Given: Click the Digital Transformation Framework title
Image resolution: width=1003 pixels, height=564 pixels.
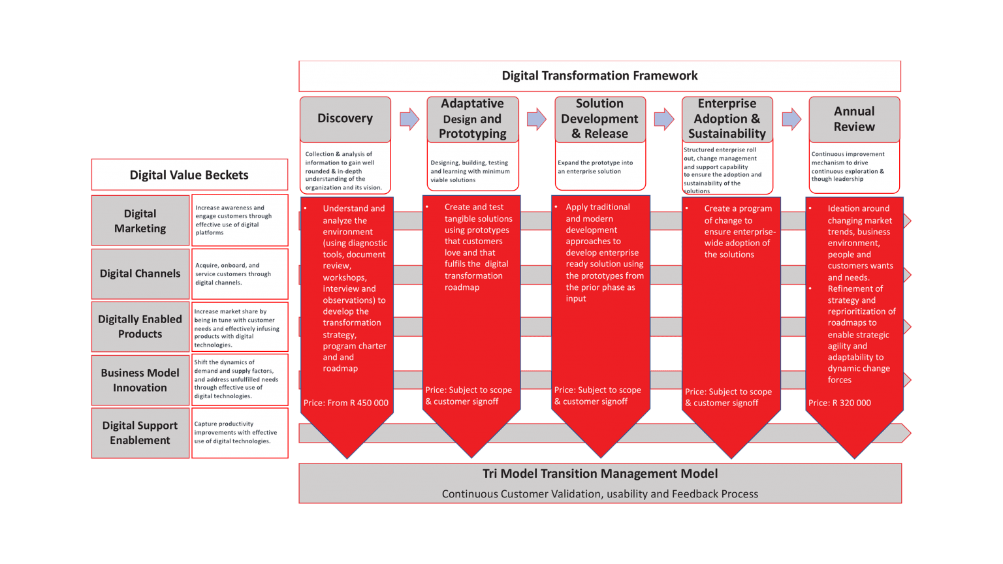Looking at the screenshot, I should click(x=599, y=76).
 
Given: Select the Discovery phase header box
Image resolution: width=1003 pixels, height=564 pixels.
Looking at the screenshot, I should click(x=345, y=118).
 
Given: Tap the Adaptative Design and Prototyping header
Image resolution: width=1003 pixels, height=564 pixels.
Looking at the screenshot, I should click(x=472, y=118).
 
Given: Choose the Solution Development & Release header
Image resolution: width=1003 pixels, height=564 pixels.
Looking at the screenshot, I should click(x=599, y=118).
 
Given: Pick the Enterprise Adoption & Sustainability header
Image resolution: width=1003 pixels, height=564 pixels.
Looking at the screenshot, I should click(x=727, y=118).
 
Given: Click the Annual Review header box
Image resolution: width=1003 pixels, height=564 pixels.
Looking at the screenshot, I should click(x=854, y=119).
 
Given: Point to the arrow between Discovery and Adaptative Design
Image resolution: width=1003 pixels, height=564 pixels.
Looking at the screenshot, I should click(x=409, y=119).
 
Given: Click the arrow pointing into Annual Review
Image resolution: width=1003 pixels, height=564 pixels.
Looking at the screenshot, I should click(x=791, y=119).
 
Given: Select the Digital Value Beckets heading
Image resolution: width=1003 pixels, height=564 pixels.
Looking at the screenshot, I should click(x=189, y=175).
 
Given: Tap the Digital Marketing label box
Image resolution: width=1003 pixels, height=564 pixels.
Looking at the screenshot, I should click(x=140, y=221).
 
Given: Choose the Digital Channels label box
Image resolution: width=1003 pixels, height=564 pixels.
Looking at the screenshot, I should click(x=140, y=274).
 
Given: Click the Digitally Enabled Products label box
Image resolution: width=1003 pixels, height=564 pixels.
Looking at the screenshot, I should click(x=140, y=326).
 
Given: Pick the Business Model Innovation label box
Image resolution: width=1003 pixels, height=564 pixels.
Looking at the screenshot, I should click(x=140, y=380).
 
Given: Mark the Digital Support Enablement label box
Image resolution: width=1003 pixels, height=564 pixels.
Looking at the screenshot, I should click(x=140, y=433).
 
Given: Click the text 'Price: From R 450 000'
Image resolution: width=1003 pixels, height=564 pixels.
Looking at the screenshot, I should click(x=346, y=403).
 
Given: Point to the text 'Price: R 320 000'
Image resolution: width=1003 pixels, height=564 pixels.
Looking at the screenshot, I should click(x=840, y=403).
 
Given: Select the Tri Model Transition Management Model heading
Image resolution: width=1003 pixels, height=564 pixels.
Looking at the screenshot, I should click(x=599, y=474).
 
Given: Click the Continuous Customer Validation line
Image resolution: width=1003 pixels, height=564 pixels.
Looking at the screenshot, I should click(x=599, y=494).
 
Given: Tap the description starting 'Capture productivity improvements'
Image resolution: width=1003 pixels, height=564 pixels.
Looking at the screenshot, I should click(x=236, y=433).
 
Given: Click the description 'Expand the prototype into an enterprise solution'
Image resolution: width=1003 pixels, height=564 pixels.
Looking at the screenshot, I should click(x=596, y=167).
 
